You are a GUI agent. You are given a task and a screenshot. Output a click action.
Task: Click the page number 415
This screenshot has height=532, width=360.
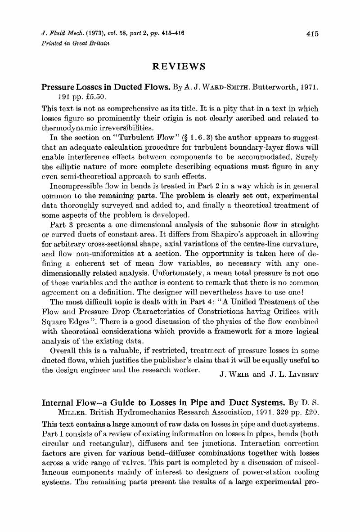coord(312,33)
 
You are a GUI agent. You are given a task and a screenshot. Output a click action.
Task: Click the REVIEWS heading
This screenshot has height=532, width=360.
coord(180,66)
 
